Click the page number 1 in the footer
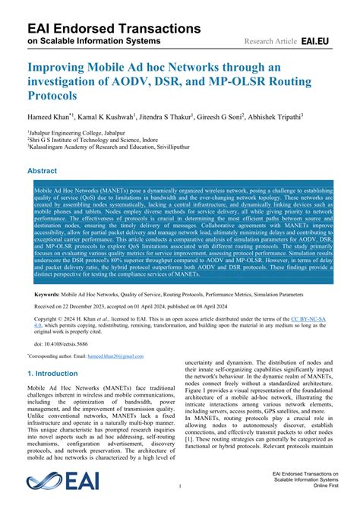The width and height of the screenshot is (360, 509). [x=179, y=485]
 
